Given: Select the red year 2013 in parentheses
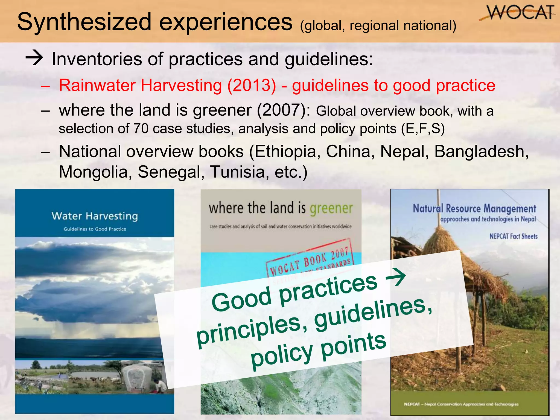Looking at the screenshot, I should [x=252, y=85].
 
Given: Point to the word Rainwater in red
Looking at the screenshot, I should [x=97, y=85].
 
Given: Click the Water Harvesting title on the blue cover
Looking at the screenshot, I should [x=95, y=216].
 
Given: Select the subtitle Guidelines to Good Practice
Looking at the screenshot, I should [x=95, y=229].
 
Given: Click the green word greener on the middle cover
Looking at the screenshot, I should [x=331, y=208].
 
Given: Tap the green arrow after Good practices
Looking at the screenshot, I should [x=395, y=278].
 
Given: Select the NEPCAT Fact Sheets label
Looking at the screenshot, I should [x=513, y=236].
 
